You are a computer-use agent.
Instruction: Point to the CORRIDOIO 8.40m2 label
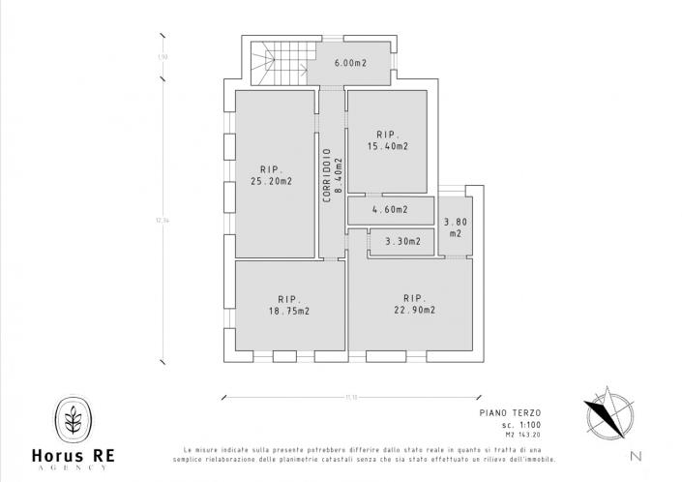(330, 174)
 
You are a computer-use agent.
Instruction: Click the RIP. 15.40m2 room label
(387, 140)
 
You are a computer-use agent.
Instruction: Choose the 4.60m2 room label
(390, 209)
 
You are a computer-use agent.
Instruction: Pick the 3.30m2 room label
(402, 241)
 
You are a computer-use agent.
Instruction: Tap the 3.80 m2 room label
(453, 227)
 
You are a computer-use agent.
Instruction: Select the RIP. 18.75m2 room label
(290, 305)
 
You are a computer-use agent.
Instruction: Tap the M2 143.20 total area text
(515, 436)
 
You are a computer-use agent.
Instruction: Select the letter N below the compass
(634, 455)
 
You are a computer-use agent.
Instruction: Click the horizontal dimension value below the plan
(351, 397)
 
